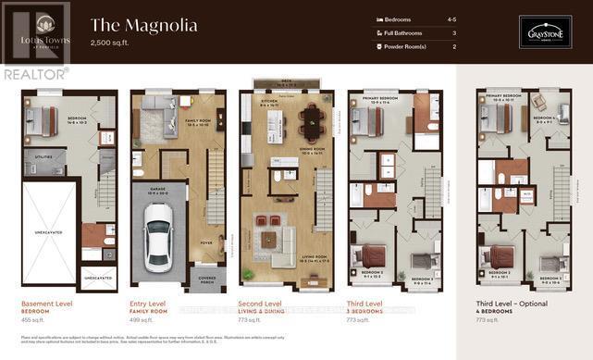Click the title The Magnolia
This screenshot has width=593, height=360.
point(143,25)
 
